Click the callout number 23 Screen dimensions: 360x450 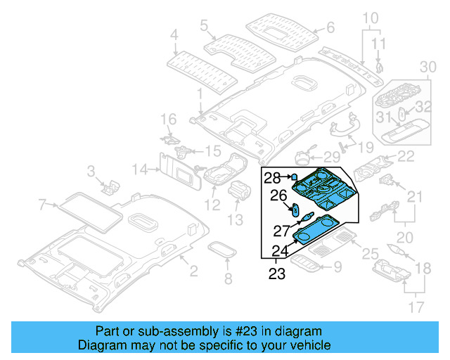[x=277, y=274]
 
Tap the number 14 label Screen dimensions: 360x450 [x=141, y=169]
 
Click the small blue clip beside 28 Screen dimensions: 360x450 [x=295, y=177]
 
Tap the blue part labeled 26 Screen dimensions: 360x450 [x=296, y=210]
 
